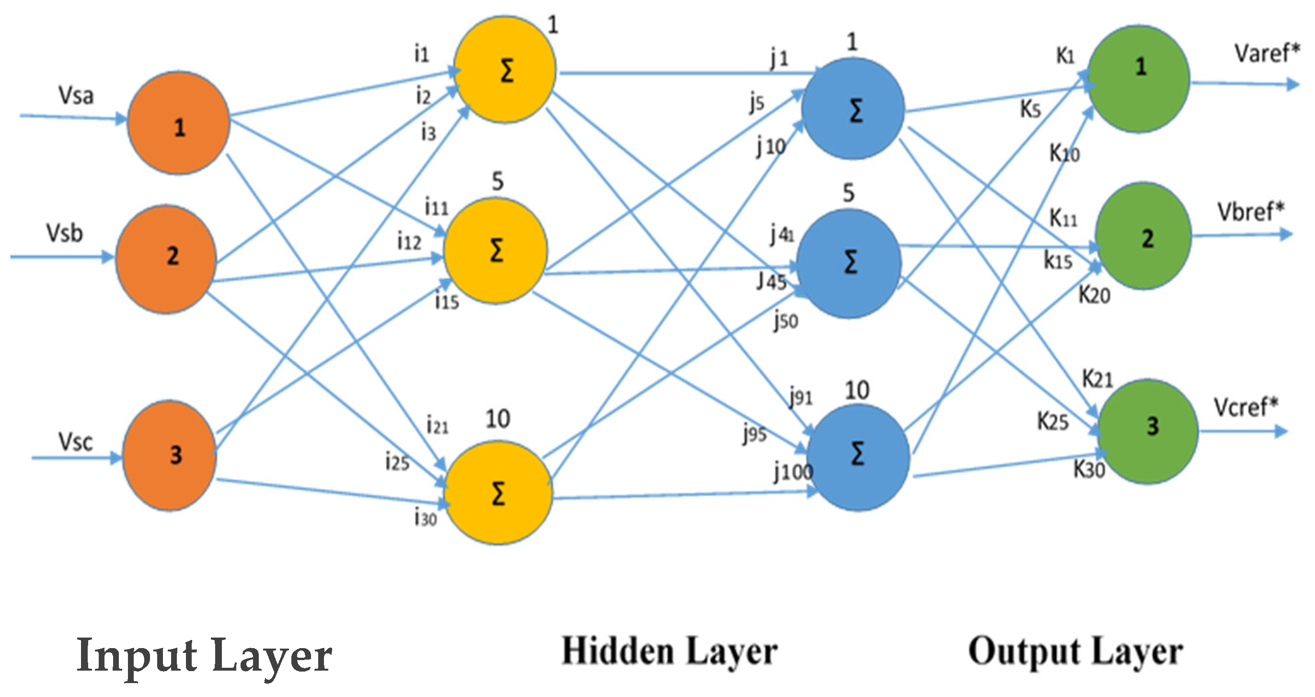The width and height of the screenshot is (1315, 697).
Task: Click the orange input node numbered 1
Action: [x=178, y=123]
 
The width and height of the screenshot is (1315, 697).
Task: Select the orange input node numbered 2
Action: [x=166, y=258]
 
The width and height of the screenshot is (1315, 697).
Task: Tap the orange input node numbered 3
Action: [x=170, y=455]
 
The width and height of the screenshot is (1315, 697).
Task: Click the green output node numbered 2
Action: [x=1143, y=236]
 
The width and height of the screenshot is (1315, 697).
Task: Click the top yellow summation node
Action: [x=505, y=70]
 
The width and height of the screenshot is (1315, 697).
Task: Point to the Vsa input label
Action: [x=76, y=95]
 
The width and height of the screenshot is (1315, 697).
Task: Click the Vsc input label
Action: [x=75, y=441]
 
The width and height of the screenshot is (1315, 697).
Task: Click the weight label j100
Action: [x=792, y=471]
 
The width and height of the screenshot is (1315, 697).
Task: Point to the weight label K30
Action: [x=1089, y=469]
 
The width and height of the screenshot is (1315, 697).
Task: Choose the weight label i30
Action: [x=425, y=518]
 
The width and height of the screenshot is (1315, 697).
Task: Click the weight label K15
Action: [x=1057, y=261]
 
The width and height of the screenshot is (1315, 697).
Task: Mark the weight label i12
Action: [x=409, y=242]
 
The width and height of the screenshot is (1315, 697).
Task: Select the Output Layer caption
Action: [x=1075, y=652]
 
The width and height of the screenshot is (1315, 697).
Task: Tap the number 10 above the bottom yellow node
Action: [x=497, y=419]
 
